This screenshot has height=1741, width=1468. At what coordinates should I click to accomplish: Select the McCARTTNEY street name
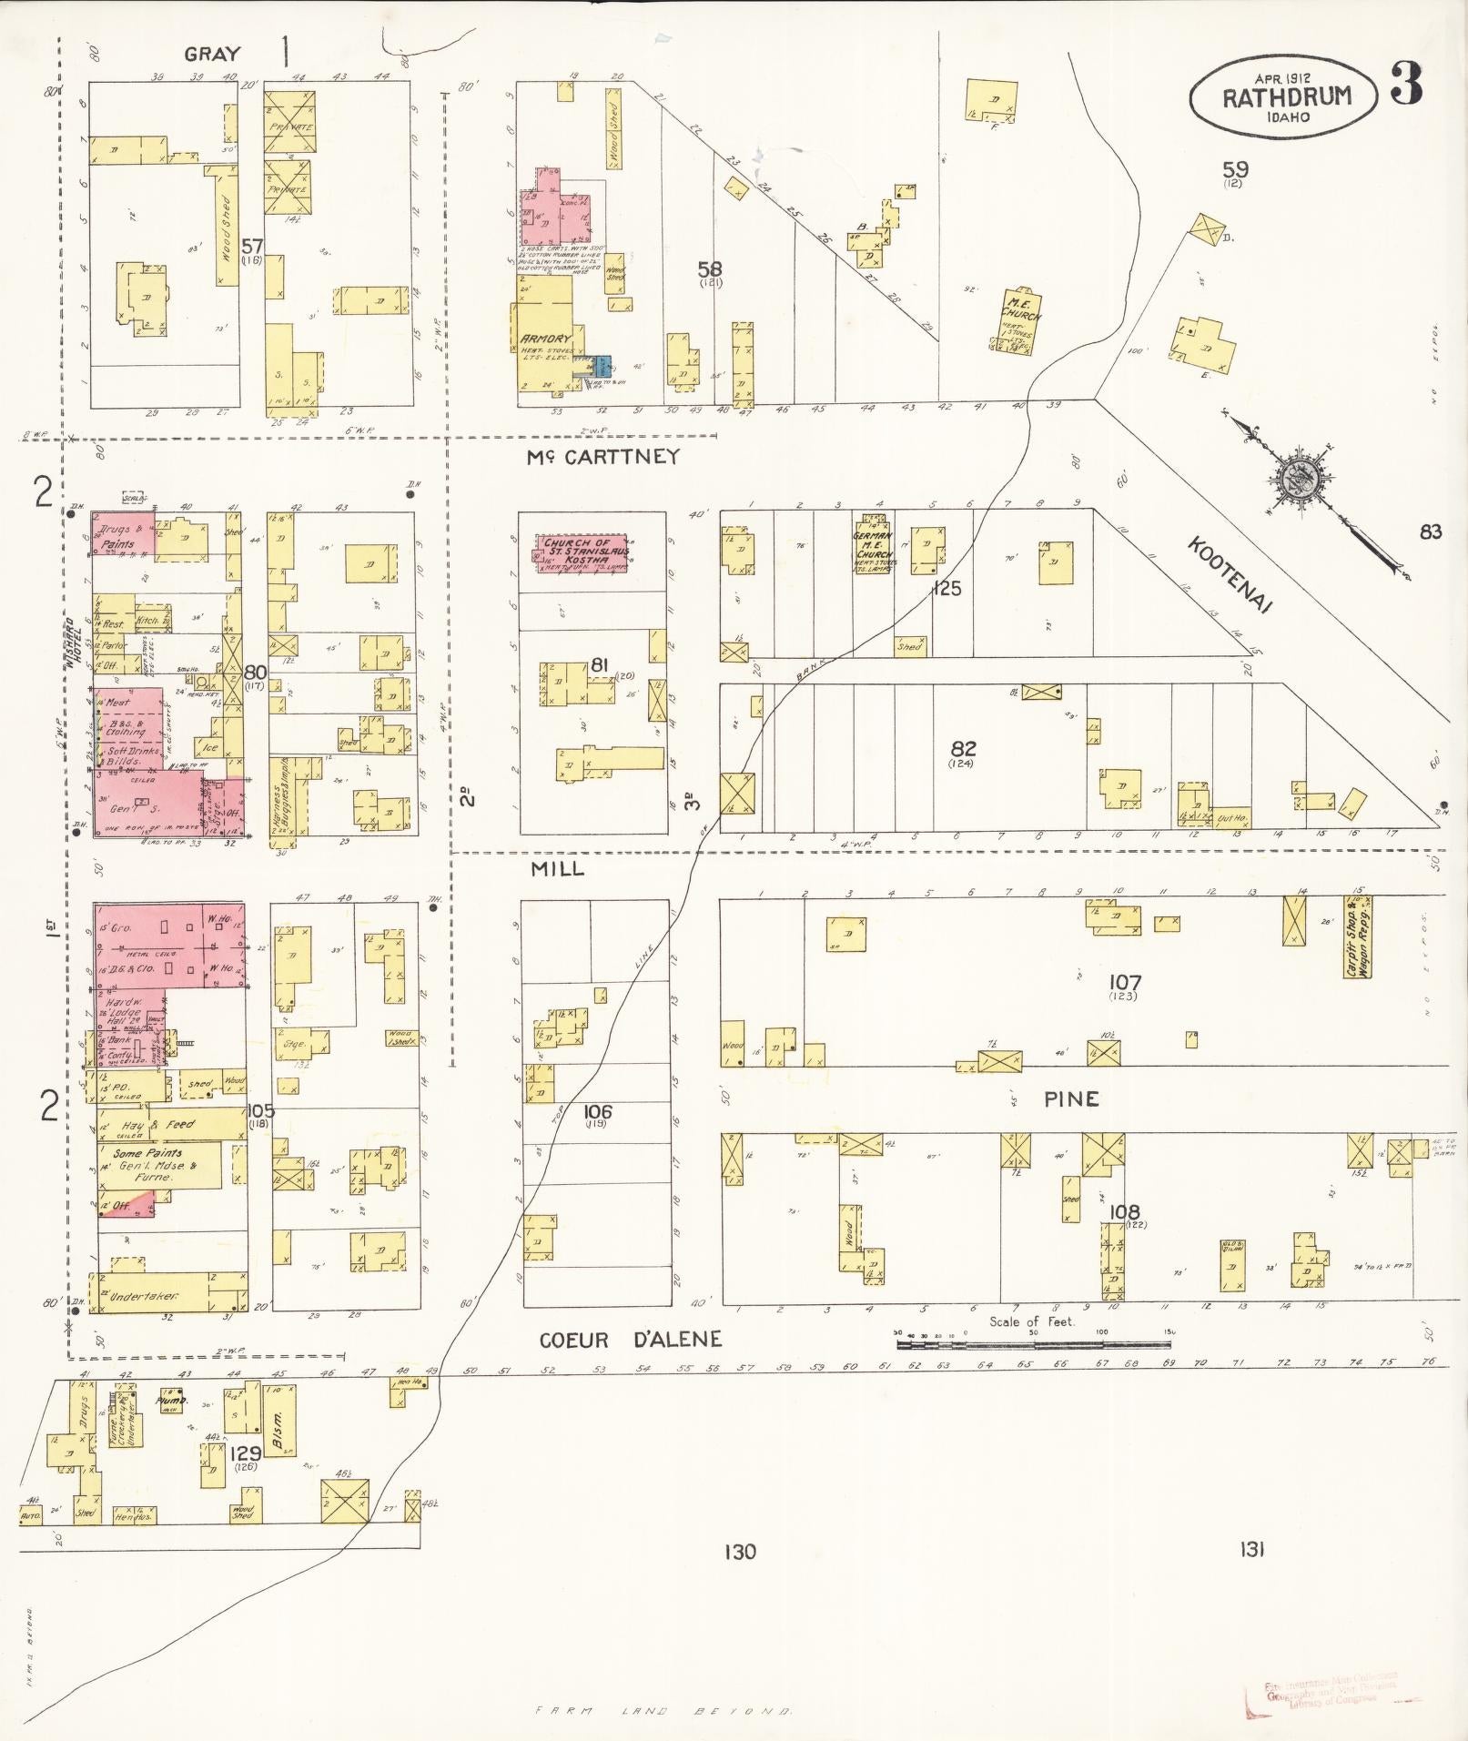[x=603, y=458]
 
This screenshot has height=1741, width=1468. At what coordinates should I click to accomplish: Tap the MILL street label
[x=558, y=869]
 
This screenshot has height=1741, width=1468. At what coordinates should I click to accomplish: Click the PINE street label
[x=1071, y=1098]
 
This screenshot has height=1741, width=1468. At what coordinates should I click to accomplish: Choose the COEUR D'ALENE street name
[x=631, y=1340]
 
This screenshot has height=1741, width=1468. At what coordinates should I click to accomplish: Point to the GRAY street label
[x=213, y=55]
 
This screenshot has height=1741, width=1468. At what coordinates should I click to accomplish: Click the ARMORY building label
[x=544, y=339]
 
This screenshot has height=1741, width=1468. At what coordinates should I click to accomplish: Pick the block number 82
[x=963, y=749]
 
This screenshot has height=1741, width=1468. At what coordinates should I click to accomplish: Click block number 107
[x=1125, y=982]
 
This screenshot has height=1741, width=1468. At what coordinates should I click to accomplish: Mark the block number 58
[x=710, y=268]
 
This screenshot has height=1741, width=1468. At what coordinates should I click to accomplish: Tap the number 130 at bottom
[x=740, y=1551]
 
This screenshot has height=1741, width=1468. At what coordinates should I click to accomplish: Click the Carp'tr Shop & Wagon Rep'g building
[x=1358, y=937]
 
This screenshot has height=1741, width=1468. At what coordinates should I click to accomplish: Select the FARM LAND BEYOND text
[x=663, y=1711]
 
